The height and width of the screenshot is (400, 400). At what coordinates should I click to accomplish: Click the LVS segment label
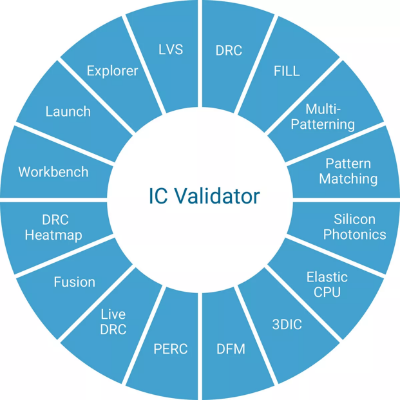point(171,50)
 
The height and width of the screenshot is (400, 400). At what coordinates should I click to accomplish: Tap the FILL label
point(287,71)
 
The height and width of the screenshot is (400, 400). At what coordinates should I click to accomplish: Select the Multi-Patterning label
point(323,117)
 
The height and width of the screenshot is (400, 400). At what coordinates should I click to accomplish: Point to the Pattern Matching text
point(348,171)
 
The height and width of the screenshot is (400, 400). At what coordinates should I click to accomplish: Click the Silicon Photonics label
point(355,227)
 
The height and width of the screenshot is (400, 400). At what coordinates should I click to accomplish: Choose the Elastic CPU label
point(327,285)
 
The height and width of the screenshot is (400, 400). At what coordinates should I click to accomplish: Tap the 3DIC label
point(287,325)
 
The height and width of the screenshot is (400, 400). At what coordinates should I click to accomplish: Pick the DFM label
point(231,348)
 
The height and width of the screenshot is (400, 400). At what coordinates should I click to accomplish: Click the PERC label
point(171,348)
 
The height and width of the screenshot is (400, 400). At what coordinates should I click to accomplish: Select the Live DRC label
point(113,321)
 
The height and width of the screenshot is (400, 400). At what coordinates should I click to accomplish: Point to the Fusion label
point(75,282)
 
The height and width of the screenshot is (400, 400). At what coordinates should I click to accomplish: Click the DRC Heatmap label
point(53,227)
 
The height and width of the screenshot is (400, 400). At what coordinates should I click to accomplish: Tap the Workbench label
point(53,172)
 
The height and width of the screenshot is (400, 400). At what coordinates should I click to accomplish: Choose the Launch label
point(68,111)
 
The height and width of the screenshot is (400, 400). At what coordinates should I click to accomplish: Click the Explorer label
point(112,71)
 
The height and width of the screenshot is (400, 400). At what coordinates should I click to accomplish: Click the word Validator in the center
point(218,196)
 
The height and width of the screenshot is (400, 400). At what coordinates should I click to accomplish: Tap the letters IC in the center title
point(158,196)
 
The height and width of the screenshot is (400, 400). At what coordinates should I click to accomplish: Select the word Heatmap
point(53,235)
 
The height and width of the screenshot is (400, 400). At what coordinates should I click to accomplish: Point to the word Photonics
point(355,234)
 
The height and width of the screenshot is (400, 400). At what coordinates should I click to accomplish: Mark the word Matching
point(348,179)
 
